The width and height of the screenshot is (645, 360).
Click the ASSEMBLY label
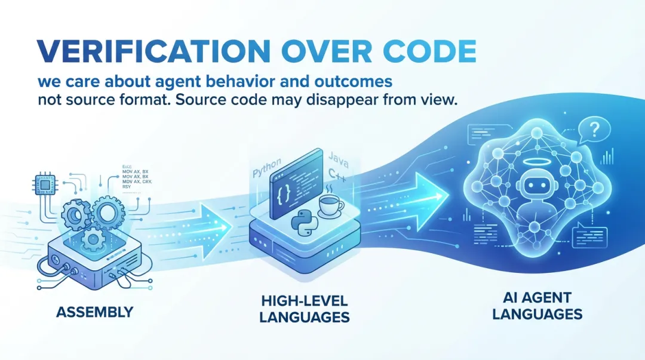(x=96, y=312)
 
